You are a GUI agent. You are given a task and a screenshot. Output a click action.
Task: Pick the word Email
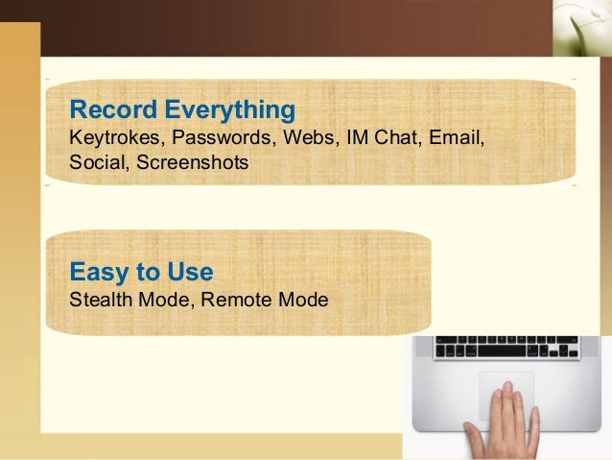tap(457, 139)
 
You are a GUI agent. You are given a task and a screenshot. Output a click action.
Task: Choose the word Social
tap(98, 163)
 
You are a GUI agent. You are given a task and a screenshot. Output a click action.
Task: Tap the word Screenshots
tap(192, 163)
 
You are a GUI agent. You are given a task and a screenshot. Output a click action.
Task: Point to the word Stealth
tap(101, 300)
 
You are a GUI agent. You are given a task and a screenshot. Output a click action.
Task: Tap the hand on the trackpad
tap(504, 423)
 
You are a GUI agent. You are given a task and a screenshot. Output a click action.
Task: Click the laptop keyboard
tap(506, 348)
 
